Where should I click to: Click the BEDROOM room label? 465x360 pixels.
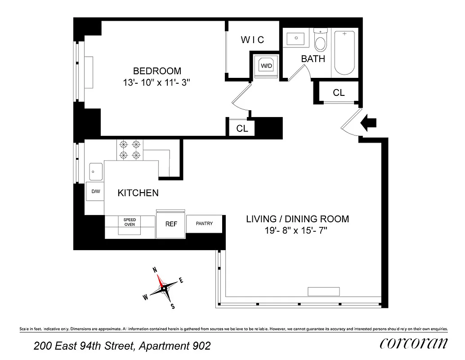click(x=157, y=71)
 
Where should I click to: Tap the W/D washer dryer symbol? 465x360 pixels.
click(x=266, y=66)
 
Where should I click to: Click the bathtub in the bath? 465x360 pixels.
click(x=345, y=53)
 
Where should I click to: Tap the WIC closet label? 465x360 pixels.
click(x=252, y=40)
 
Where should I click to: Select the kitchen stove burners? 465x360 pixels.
click(x=130, y=150)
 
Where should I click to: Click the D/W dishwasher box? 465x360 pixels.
click(x=95, y=192)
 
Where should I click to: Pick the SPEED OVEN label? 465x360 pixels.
click(x=130, y=222)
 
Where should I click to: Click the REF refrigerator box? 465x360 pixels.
click(x=171, y=224)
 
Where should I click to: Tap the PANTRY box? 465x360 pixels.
click(x=204, y=223)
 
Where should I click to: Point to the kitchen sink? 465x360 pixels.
click(x=96, y=171)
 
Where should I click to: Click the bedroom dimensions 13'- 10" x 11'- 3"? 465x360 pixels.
click(x=157, y=83)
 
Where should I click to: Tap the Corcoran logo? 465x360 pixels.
click(x=414, y=344)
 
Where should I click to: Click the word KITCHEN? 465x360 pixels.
click(x=138, y=193)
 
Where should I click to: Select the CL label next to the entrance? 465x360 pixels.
click(x=339, y=93)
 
